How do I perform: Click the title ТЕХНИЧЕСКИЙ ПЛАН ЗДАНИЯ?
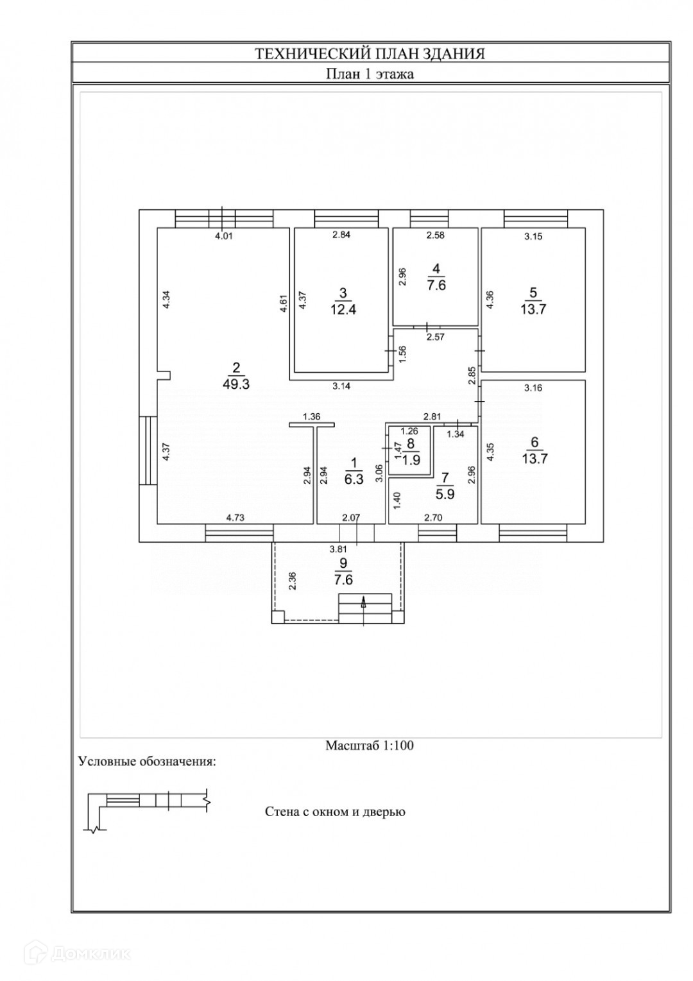(370, 54)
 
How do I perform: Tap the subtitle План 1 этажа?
(370, 74)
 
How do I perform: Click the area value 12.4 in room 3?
(343, 310)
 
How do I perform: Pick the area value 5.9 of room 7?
(445, 495)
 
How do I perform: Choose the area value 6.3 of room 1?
(354, 479)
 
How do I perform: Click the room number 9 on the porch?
(343, 562)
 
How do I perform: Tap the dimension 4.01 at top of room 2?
(223, 237)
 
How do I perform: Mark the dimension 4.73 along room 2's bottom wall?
(235, 518)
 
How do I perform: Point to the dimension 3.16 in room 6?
(534, 388)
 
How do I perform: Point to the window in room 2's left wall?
(148, 450)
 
